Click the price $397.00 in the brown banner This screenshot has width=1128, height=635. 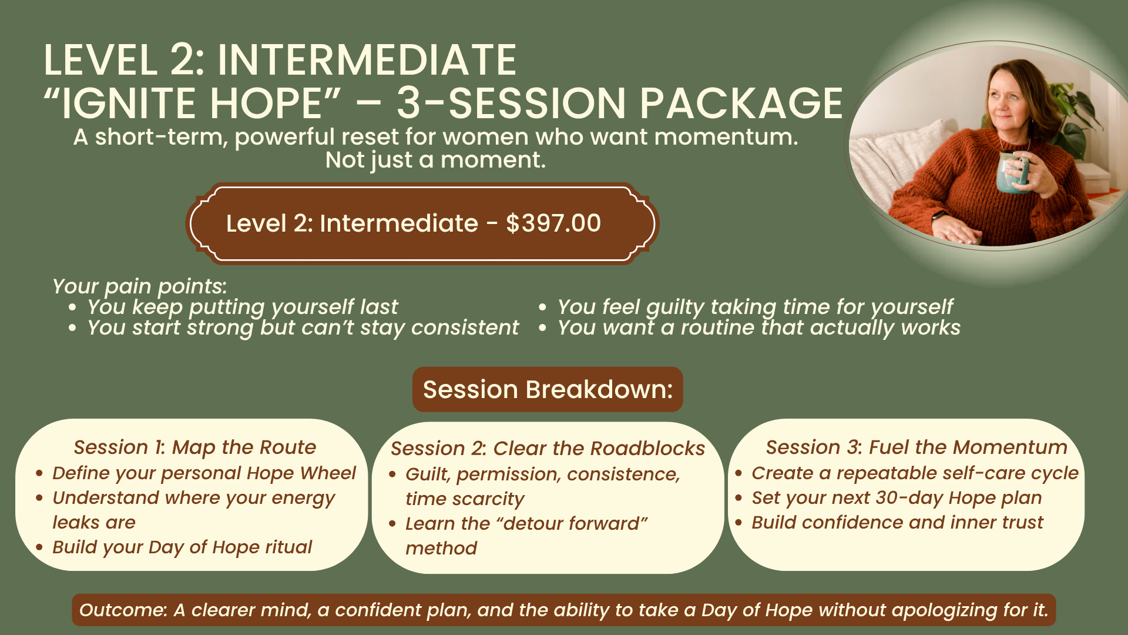[553, 223]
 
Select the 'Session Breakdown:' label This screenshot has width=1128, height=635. [548, 389]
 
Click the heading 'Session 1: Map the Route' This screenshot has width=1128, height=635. [195, 447]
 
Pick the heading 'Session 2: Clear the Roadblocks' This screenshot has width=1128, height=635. [548, 449]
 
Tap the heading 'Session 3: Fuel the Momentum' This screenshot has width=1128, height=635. [916, 447]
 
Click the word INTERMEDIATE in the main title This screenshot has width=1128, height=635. [367, 60]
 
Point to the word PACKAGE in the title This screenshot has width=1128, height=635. [741, 103]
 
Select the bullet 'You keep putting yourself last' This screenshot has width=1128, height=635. [242, 307]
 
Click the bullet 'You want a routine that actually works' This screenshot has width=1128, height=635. [759, 327]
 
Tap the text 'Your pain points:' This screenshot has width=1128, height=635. [139, 286]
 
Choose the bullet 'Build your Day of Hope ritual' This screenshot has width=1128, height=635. [182, 547]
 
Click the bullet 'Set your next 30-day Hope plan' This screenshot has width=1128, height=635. [897, 498]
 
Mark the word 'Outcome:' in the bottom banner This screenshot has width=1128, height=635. [123, 610]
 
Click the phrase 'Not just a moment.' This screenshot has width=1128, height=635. [435, 160]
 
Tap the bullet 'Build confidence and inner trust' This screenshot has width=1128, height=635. [897, 523]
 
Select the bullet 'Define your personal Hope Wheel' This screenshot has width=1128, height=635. [204, 473]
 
